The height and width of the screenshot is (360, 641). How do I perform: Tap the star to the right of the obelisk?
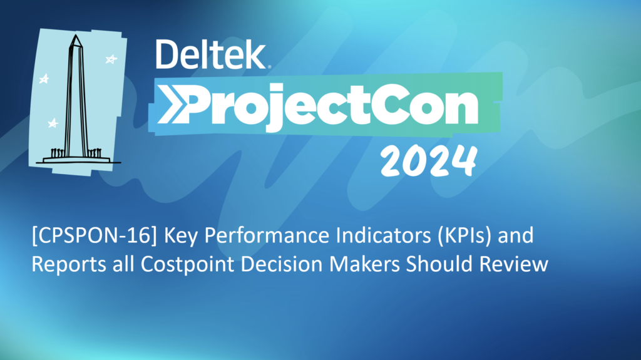pos(111,59)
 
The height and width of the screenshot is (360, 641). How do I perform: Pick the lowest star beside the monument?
pos(53,123)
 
